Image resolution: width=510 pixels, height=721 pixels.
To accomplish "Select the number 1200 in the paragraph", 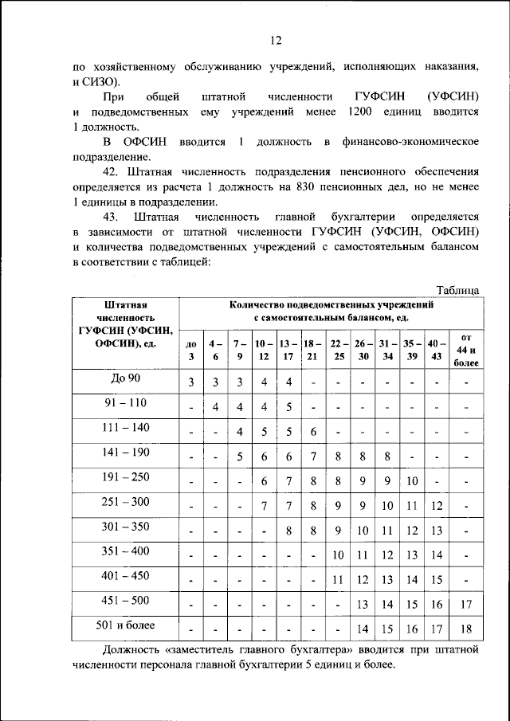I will pyautogui.click(x=355, y=112).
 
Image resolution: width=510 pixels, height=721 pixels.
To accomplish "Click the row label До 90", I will pyautogui.click(x=126, y=377).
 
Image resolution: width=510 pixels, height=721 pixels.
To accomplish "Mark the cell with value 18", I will pyautogui.click(x=465, y=629).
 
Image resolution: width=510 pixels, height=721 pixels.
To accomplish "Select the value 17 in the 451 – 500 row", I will pyautogui.click(x=465, y=604).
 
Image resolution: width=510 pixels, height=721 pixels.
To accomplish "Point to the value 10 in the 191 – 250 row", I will pyautogui.click(x=411, y=480).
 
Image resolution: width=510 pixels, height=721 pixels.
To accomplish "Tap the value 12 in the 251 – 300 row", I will pyautogui.click(x=437, y=505).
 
